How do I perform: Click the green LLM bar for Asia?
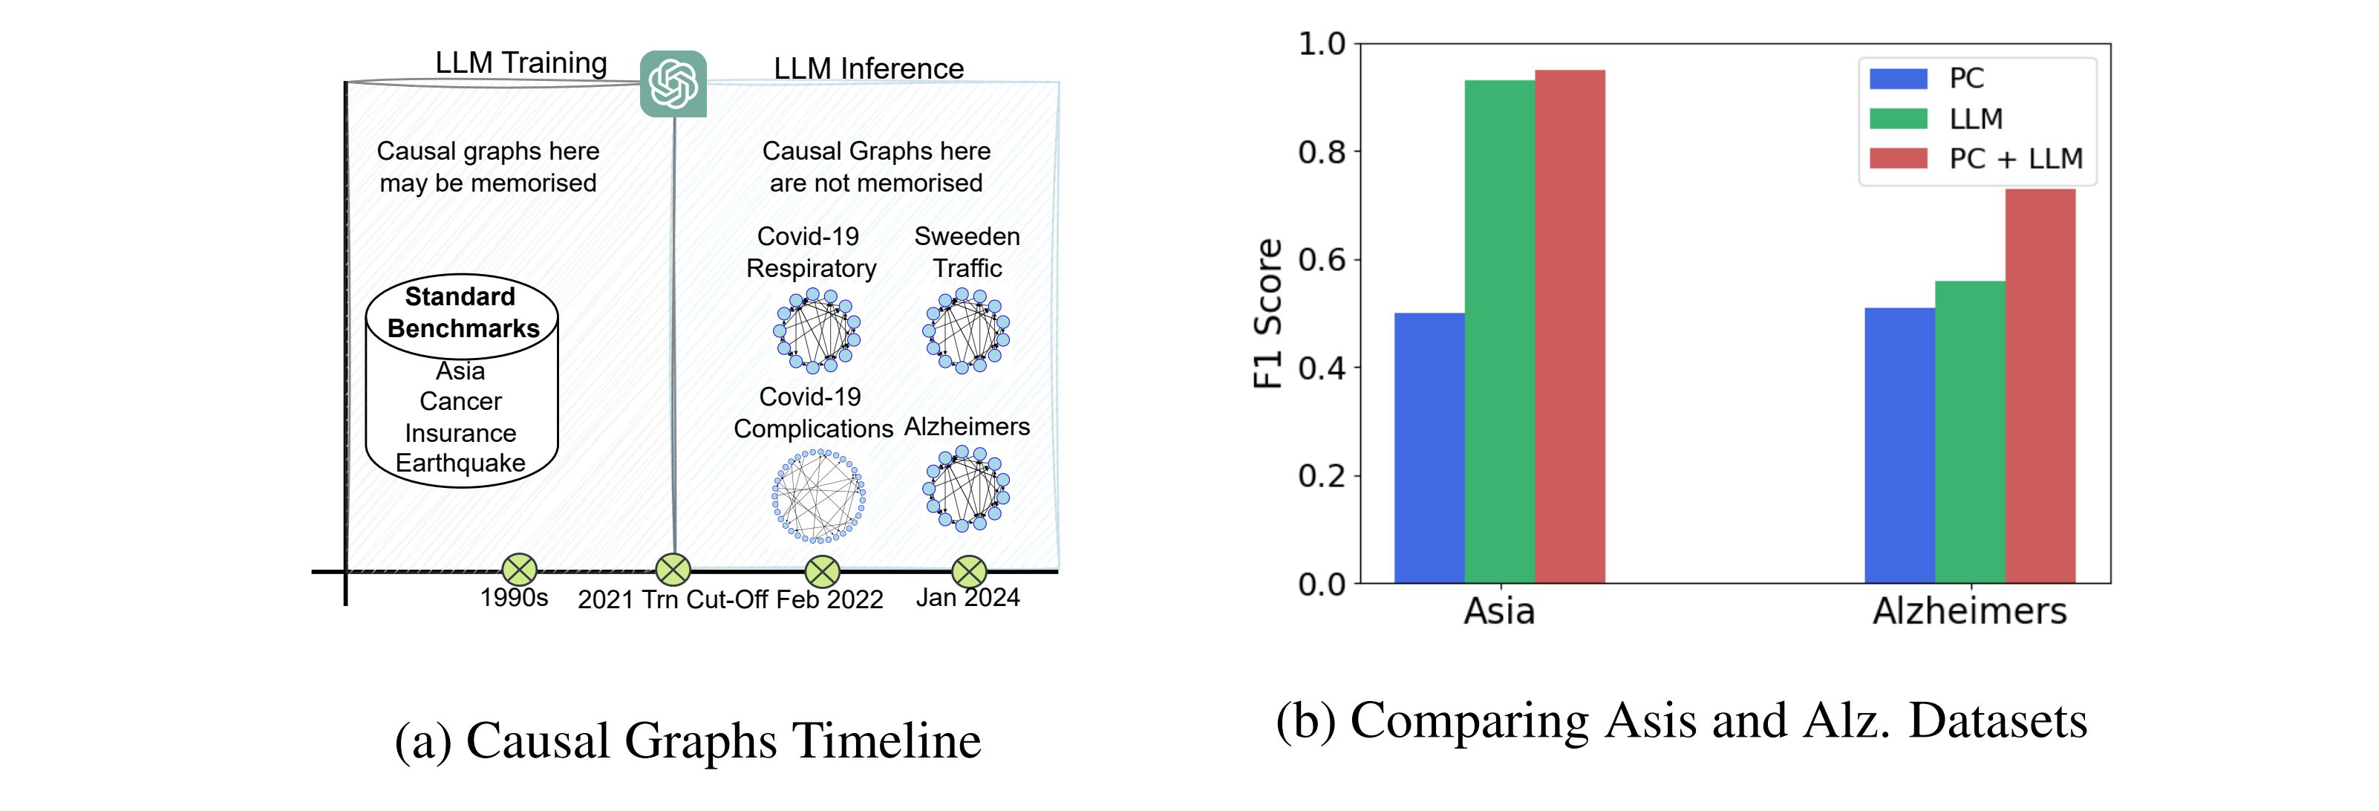click(x=1499, y=333)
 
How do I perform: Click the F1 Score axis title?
click(x=1269, y=314)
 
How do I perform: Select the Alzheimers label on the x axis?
click(x=1969, y=611)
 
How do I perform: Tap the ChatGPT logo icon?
click(x=673, y=84)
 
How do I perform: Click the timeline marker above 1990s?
click(x=519, y=570)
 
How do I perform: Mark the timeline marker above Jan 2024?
click(x=969, y=572)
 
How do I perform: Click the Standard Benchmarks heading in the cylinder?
click(x=462, y=312)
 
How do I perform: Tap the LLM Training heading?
click(x=520, y=63)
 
